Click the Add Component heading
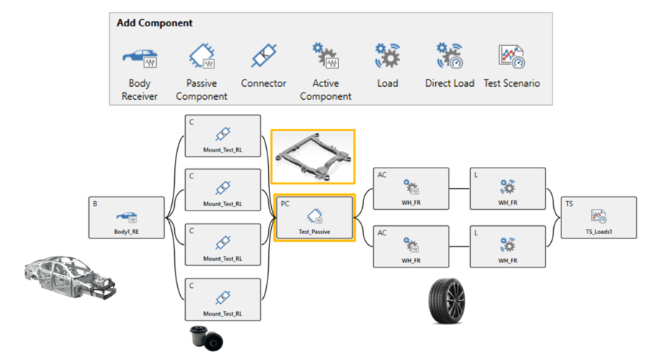tap(155, 23)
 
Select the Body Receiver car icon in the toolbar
tap(139, 56)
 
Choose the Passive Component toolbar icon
tap(202, 56)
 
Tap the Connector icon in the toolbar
tap(263, 56)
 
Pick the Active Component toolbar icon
tap(325, 56)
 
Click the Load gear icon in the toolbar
tap(387, 56)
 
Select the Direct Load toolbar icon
tap(449, 56)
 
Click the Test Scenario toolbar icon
tap(512, 56)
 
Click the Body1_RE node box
tap(126, 217)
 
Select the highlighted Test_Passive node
tap(314, 217)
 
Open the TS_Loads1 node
tap(599, 217)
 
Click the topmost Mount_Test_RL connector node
tap(223, 136)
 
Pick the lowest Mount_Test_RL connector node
tap(223, 299)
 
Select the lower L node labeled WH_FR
tap(507, 246)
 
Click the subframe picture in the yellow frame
tap(313, 157)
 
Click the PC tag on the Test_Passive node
tap(285, 203)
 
